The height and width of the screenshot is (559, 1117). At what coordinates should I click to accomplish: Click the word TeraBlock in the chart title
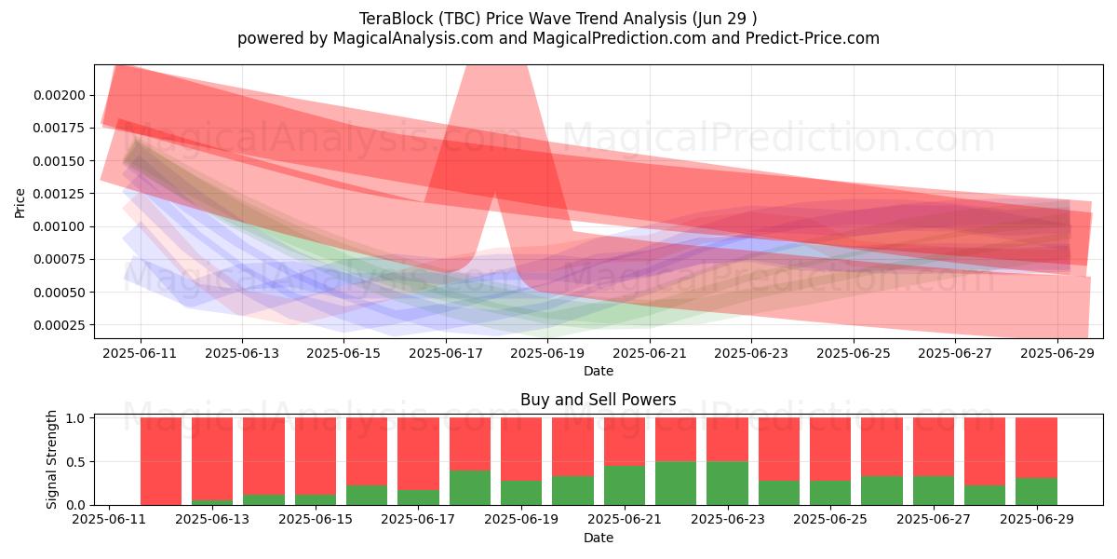click(x=397, y=19)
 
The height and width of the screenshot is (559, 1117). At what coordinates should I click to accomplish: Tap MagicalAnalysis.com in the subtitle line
click(x=413, y=38)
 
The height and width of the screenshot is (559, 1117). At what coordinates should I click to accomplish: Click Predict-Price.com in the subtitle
click(x=813, y=38)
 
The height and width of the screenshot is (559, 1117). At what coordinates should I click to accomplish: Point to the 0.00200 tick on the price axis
click(x=60, y=95)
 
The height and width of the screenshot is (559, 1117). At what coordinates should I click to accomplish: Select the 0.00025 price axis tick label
click(x=60, y=325)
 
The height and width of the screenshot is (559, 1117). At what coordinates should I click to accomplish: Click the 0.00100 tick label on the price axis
click(x=60, y=227)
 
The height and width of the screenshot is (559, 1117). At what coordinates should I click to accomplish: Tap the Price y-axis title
click(x=20, y=203)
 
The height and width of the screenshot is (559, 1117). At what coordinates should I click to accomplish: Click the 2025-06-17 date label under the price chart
click(x=446, y=353)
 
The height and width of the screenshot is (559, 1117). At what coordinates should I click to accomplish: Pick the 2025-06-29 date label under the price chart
click(x=1057, y=353)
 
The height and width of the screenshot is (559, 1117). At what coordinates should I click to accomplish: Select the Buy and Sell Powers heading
click(x=598, y=400)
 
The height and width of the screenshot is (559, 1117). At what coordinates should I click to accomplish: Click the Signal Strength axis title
click(x=51, y=459)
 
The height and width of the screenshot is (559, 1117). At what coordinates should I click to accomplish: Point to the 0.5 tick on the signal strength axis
click(x=76, y=462)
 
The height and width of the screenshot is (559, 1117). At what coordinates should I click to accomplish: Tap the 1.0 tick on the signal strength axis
click(x=76, y=417)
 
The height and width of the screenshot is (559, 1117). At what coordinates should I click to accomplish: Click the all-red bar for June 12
click(x=161, y=461)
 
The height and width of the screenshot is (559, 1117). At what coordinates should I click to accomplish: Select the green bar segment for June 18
click(x=470, y=487)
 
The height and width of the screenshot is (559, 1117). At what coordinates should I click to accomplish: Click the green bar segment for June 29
click(x=1037, y=492)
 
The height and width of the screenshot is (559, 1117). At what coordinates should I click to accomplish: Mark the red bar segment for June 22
click(x=676, y=440)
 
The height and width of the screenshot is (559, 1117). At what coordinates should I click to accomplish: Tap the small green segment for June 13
click(x=212, y=502)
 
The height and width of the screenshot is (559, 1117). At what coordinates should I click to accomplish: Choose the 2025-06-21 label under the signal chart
click(x=625, y=520)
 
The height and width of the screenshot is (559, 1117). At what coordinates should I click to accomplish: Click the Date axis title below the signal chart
click(x=599, y=539)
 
